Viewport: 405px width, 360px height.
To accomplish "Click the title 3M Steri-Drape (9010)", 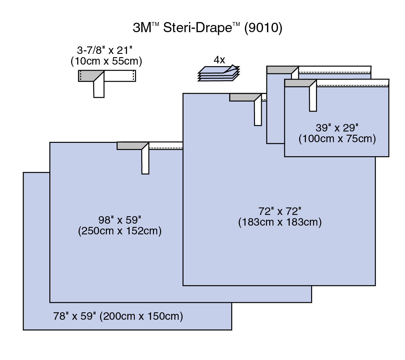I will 207,28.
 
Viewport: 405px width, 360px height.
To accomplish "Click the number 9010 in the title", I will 263,28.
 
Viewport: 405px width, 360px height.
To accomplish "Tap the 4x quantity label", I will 219,60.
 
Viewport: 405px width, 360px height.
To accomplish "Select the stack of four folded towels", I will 219,74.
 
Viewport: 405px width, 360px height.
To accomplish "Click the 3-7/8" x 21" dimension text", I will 105,50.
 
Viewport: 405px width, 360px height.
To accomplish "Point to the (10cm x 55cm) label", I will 106,61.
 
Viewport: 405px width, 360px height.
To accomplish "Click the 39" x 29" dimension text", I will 337,128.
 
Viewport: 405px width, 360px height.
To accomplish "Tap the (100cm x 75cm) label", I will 337,139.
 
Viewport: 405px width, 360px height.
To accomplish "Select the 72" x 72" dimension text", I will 280,211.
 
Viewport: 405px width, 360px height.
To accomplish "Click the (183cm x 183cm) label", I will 280,222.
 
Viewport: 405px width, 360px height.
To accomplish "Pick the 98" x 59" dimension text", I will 120,220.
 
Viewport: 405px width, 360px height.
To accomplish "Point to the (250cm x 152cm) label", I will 120,231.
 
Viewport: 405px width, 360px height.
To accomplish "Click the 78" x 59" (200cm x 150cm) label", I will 118,316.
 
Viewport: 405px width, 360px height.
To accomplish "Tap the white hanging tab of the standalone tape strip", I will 99,88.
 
